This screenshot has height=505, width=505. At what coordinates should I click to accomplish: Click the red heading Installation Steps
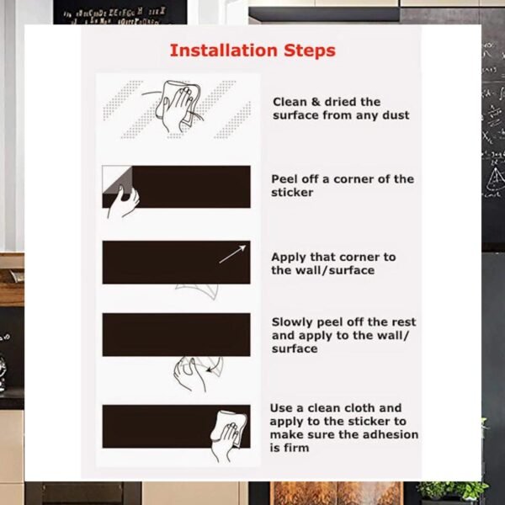[x=252, y=50]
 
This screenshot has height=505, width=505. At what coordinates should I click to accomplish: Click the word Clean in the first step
[x=290, y=102]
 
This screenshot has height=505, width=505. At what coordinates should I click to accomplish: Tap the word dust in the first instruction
[x=394, y=114]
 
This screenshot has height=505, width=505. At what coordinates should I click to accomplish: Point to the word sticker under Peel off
[x=292, y=192]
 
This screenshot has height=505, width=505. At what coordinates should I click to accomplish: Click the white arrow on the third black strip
[x=232, y=253]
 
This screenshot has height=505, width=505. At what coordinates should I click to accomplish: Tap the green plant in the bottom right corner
[x=459, y=491]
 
